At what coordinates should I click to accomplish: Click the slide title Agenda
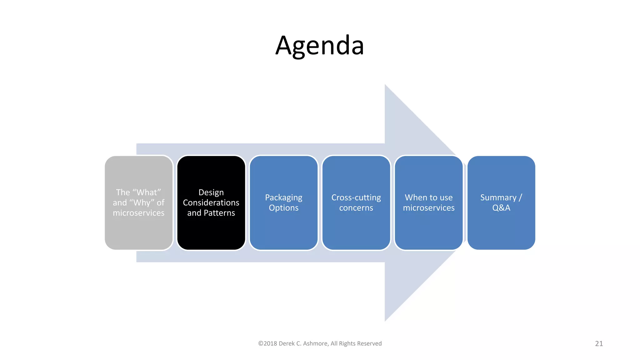[320, 46]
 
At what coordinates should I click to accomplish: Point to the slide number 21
[599, 343]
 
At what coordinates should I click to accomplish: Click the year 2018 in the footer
[270, 343]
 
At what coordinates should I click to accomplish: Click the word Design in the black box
[211, 192]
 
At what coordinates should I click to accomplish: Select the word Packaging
[283, 197]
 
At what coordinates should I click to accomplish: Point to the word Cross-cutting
[356, 197]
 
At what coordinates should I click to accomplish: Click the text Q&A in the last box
[501, 208]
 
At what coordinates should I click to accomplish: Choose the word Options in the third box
[283, 208]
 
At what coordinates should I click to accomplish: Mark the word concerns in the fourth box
[356, 208]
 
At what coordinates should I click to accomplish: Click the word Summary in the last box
[498, 197]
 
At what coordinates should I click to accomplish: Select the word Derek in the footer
[287, 343]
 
